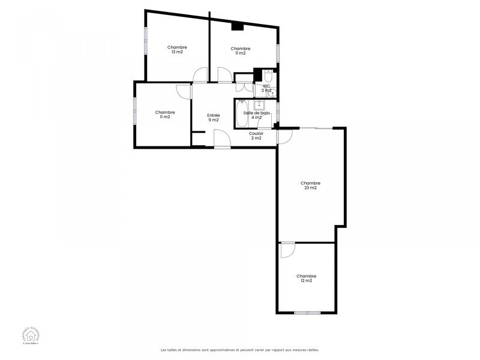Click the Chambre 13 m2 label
tap(177, 50)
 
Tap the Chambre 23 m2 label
tap(310, 185)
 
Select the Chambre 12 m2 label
tap(305, 278)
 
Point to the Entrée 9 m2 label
tap(214, 118)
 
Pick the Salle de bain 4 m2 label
tap(256, 115)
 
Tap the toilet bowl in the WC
tap(268, 76)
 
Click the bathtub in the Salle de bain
tap(242, 113)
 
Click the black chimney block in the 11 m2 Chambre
tap(237, 26)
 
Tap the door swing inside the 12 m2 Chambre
tap(287, 249)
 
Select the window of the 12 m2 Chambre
tap(307, 313)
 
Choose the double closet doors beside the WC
tap(244, 77)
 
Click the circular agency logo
tap(23, 338)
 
